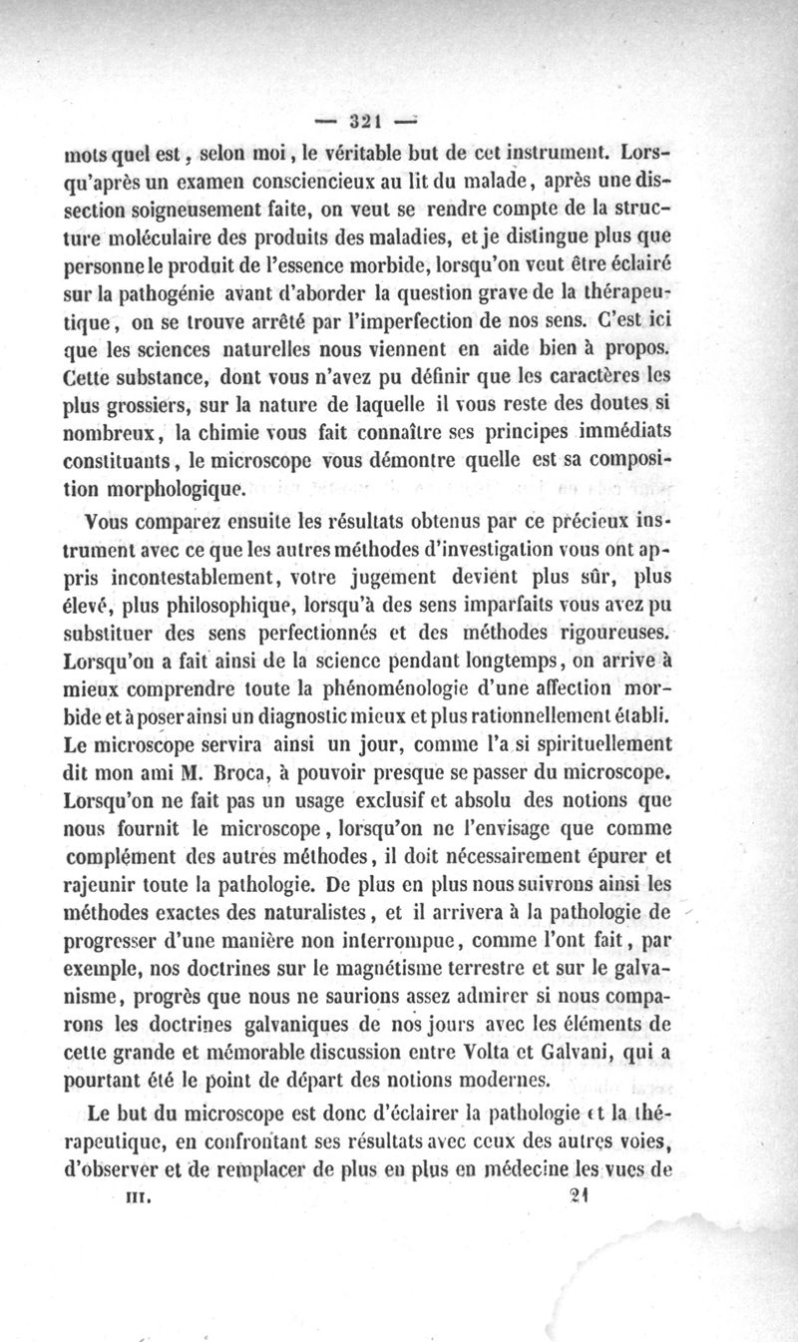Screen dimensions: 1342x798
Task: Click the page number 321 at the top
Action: (x=362, y=122)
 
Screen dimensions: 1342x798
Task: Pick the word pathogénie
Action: (x=162, y=292)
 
